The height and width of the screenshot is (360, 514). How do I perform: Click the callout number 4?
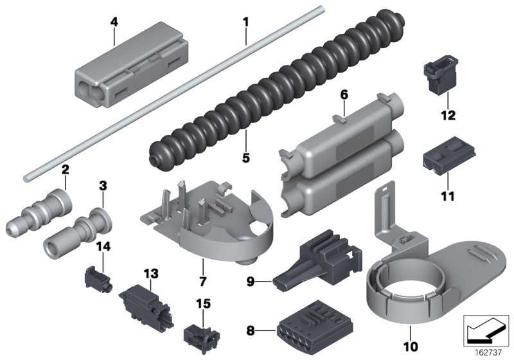[114, 21]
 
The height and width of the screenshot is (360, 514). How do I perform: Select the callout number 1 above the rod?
[245, 21]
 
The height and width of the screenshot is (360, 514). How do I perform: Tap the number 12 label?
[448, 116]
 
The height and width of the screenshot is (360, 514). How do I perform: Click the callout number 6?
[344, 94]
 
